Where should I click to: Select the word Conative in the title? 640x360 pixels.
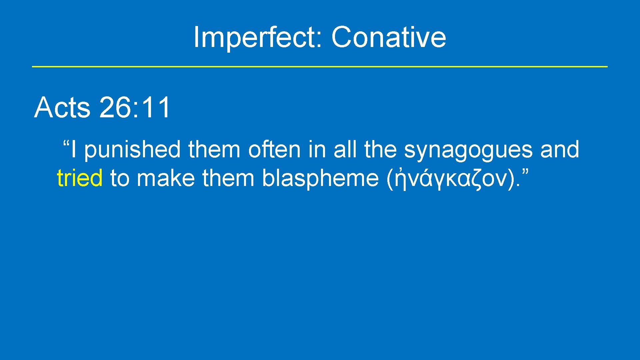pyautogui.click(x=388, y=37)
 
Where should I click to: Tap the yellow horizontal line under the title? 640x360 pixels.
pyautogui.click(x=319, y=67)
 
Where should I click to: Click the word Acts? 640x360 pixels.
pyautogui.click(x=62, y=108)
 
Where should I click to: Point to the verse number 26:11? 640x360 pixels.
pyautogui.click(x=135, y=108)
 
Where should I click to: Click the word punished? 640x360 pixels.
pyautogui.click(x=132, y=150)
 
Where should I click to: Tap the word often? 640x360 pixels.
pyautogui.click(x=274, y=150)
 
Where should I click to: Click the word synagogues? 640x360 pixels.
pyautogui.click(x=468, y=150)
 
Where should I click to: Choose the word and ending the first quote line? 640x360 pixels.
pyautogui.click(x=560, y=150)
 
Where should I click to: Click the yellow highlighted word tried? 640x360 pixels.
pyautogui.click(x=80, y=178)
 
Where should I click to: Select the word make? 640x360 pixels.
pyautogui.click(x=166, y=178)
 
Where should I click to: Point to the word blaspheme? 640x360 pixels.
pyautogui.click(x=320, y=179)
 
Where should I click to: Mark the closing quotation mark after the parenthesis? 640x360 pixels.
pyautogui.click(x=525, y=173)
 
